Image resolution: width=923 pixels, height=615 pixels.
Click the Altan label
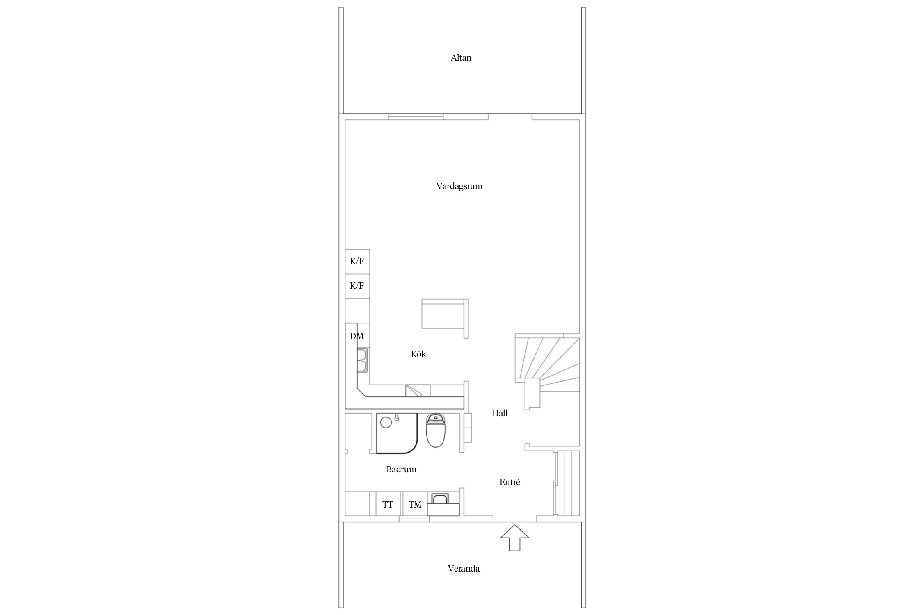coord(461,58)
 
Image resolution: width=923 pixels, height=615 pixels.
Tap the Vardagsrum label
coord(459,186)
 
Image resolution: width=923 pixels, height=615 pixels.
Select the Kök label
coord(418,354)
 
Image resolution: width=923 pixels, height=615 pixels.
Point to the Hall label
coord(500,413)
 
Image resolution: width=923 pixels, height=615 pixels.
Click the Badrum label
coord(401,469)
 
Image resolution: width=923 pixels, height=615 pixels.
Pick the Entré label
coord(509,482)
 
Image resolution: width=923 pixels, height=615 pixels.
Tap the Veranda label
coord(464,568)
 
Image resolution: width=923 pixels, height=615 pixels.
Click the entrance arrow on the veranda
coord(514,538)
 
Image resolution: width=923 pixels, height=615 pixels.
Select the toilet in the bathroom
coord(435,430)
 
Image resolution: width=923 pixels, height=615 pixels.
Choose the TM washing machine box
coord(415,503)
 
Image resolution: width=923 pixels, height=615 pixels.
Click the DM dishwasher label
coord(356,336)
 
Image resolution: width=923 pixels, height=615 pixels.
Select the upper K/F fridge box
coord(357,262)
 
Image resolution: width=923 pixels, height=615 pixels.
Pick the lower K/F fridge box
coord(357,286)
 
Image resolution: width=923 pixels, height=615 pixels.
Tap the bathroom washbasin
coord(443,503)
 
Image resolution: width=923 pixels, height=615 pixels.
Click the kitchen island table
coord(445,314)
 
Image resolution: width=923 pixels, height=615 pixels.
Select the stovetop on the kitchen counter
coord(418,391)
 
